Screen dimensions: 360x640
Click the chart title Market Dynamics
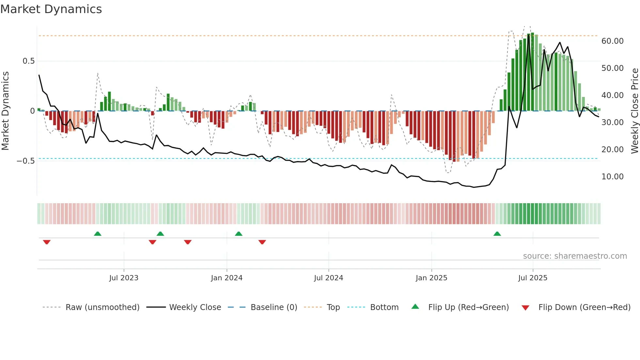click(x=51, y=9)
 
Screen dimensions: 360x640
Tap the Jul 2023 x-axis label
click(x=124, y=278)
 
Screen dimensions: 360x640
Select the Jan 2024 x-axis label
click(x=227, y=278)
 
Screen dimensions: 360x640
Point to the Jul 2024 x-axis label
click(x=328, y=278)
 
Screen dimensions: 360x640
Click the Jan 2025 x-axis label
click(x=431, y=278)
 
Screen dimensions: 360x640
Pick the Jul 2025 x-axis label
click(x=533, y=278)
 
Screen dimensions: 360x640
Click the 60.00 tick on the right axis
click(x=612, y=41)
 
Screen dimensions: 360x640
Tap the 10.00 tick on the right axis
click(x=612, y=177)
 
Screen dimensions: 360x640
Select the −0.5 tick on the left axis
click(x=25, y=161)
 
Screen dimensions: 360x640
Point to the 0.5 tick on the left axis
click(x=28, y=61)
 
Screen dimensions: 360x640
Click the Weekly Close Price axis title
click(x=634, y=111)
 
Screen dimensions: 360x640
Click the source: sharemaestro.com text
click(x=575, y=256)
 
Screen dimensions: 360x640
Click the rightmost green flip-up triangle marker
click(x=497, y=234)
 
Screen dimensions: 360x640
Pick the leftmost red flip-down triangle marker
click(x=47, y=242)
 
